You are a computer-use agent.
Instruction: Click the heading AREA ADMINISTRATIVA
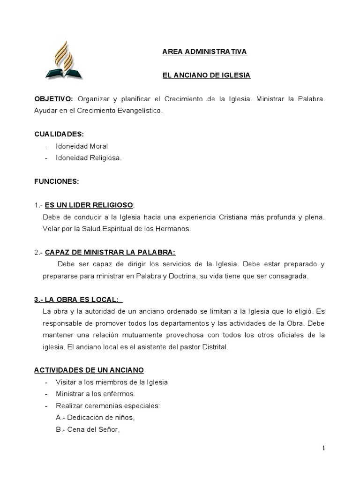[204, 52]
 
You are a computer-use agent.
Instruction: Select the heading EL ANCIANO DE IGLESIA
[207, 75]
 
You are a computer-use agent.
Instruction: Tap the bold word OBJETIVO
[53, 99]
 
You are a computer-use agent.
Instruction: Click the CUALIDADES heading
[59, 134]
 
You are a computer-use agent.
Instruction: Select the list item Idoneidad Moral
[82, 146]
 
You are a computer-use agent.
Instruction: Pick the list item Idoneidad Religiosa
[89, 158]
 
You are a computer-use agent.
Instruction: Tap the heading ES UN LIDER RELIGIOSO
[89, 205]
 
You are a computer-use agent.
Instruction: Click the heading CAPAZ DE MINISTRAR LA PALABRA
[110, 252]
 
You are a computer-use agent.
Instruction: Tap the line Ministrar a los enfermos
[95, 394]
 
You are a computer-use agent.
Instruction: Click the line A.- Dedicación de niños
[97, 417]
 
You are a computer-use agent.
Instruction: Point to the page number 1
[323, 448]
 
